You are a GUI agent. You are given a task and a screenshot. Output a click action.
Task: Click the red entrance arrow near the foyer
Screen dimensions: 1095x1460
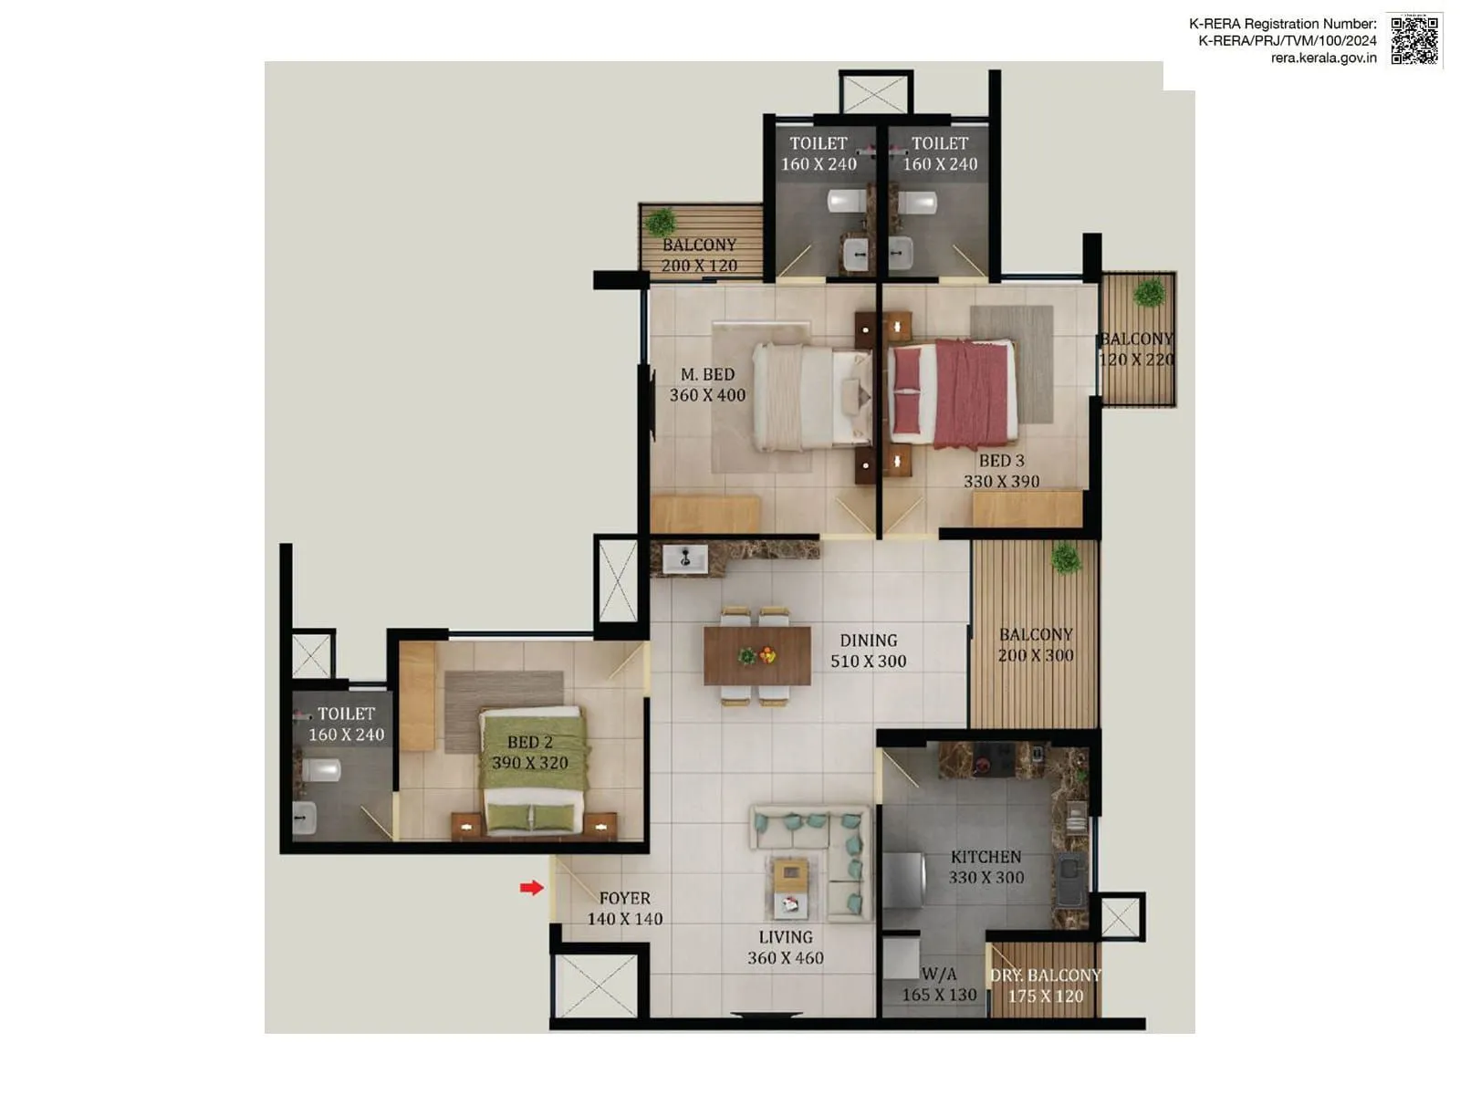click(x=531, y=888)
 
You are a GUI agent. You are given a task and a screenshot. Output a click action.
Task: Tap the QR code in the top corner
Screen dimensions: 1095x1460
click(x=1413, y=40)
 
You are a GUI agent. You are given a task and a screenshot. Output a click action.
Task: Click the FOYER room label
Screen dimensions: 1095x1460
click(x=624, y=898)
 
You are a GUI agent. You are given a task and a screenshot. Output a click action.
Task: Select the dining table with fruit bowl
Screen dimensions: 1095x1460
click(x=756, y=655)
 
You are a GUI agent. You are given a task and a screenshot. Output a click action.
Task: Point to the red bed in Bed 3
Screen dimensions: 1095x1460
click(x=952, y=393)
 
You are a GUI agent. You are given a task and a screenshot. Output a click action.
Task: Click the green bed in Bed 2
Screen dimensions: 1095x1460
click(x=532, y=771)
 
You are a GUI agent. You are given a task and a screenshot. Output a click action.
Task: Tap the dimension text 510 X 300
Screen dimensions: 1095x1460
click(x=868, y=662)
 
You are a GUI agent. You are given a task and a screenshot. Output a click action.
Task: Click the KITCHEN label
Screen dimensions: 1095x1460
click(x=985, y=857)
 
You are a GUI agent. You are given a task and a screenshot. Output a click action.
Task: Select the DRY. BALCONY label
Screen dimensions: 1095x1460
click(x=1046, y=975)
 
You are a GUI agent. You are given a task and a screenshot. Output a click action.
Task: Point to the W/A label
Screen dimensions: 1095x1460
click(x=939, y=974)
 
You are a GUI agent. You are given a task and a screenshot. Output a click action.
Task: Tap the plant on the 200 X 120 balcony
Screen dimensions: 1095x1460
click(x=660, y=221)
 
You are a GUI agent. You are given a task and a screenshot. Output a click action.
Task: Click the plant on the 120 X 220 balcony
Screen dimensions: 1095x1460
click(x=1149, y=293)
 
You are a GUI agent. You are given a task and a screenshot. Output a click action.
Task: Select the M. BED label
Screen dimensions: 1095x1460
click(x=707, y=374)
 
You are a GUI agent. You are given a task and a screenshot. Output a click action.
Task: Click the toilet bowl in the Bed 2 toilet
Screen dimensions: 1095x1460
click(x=321, y=769)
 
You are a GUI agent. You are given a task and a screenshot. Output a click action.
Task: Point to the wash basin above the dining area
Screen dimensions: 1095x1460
click(x=684, y=558)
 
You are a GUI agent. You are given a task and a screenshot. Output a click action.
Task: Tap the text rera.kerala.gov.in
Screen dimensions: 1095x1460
click(x=1323, y=57)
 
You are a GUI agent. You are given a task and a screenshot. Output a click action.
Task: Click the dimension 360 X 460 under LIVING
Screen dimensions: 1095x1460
click(x=785, y=958)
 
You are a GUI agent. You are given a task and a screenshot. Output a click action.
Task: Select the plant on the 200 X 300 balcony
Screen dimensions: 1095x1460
click(x=1065, y=558)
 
